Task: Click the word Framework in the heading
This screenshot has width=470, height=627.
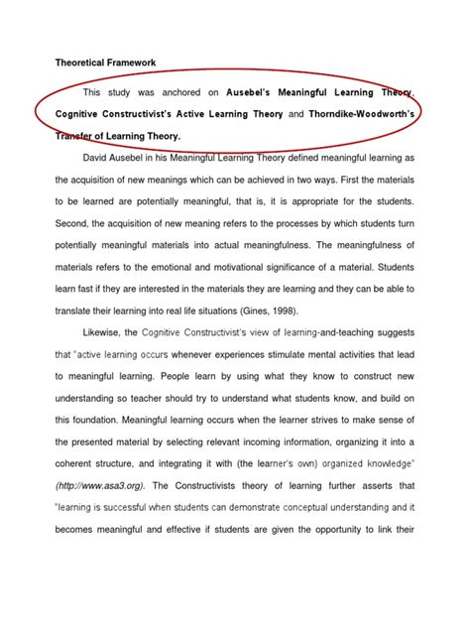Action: (x=128, y=63)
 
